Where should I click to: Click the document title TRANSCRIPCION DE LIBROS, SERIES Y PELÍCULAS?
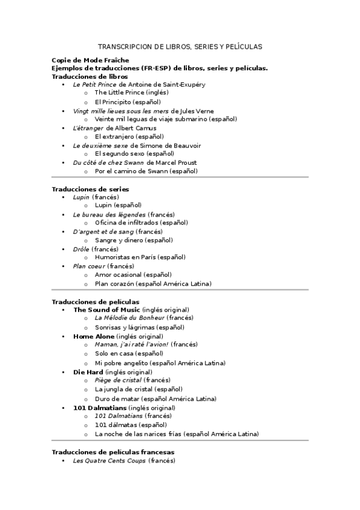180,46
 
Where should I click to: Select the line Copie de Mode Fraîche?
82,61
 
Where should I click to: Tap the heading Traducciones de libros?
90,76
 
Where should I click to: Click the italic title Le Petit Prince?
95,85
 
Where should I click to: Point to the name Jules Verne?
200,111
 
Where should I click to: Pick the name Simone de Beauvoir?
177,146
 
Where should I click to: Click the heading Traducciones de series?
90,189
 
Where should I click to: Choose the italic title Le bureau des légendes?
109,215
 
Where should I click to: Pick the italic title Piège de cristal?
118,380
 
